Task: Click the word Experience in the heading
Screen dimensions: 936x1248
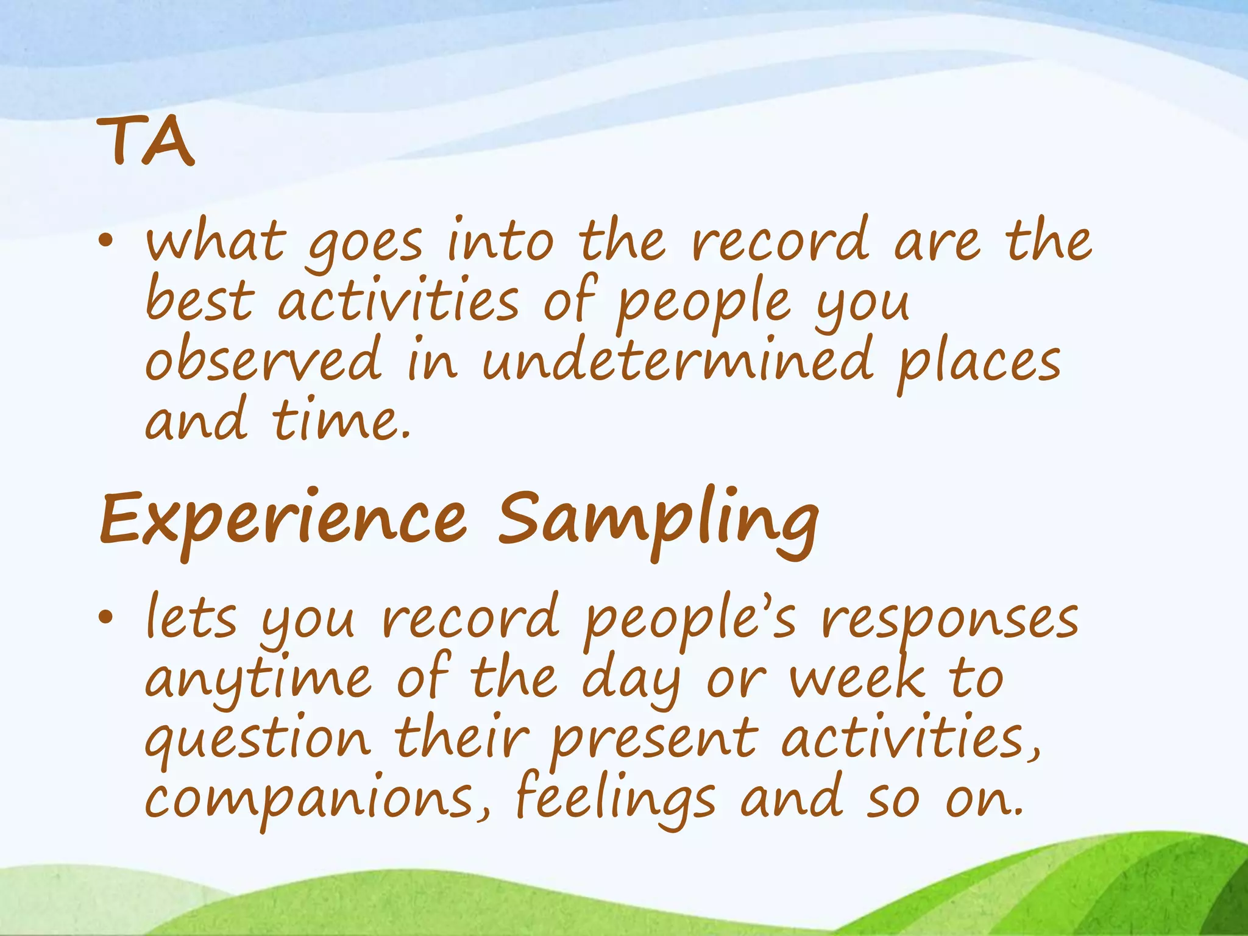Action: (283, 521)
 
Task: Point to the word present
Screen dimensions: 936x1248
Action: (654, 740)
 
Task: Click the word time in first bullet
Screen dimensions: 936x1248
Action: (341, 422)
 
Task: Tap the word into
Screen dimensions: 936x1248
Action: (500, 242)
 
